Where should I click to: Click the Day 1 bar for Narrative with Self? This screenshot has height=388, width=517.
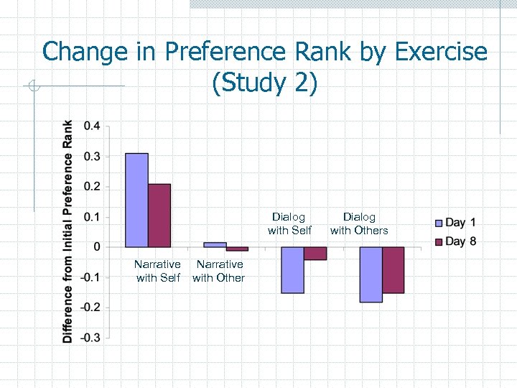point(136,200)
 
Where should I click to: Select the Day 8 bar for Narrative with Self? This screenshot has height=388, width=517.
point(159,216)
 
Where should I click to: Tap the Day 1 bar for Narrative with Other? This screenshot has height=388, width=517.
point(215,244)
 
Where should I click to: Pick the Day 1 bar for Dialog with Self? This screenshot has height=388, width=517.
point(292,269)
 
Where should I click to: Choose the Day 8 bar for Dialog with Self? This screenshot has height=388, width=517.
point(315,254)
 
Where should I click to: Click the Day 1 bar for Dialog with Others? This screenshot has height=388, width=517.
point(371,274)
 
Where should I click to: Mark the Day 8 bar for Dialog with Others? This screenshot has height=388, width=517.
point(393,269)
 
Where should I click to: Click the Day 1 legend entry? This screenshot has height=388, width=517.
point(455,223)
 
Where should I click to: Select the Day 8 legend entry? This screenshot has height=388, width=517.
point(455,241)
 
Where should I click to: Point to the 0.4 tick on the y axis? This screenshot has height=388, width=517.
point(92,126)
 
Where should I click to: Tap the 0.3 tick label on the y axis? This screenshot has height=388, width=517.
point(92,156)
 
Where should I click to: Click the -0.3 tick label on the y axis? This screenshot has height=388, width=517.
point(90,337)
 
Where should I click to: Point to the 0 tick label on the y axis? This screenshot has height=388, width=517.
point(97,246)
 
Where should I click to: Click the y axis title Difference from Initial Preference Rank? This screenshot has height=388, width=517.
point(67,231)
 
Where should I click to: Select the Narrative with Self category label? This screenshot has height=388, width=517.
point(157,271)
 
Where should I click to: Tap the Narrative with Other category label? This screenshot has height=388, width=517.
point(219,271)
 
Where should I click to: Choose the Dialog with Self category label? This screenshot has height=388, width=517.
point(289,223)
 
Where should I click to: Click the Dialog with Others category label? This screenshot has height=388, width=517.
point(359,223)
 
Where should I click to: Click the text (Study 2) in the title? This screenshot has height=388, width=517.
point(264,83)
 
